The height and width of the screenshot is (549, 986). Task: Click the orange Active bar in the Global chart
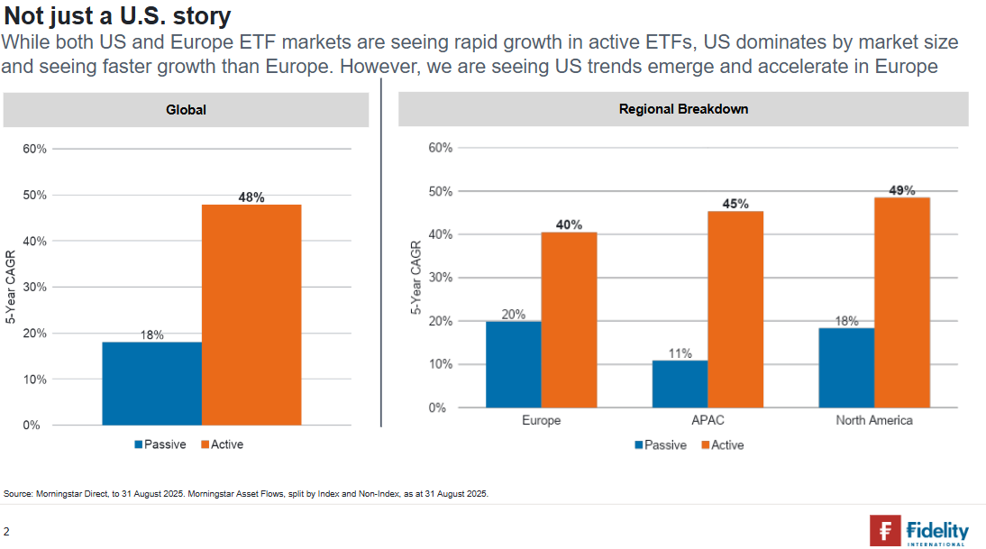[x=251, y=315]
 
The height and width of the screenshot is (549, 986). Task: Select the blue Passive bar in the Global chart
[x=151, y=383]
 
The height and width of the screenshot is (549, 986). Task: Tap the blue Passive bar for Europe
[x=513, y=364]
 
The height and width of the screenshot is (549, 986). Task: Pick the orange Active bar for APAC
[x=735, y=309]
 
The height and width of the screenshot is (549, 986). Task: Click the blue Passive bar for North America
[x=846, y=368]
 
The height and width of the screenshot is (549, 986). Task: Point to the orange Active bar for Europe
[x=569, y=320]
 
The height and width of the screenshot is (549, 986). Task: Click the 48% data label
[x=251, y=197]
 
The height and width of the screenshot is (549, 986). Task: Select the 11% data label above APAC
[x=680, y=353]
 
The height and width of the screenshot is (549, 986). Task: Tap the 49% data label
[x=901, y=190]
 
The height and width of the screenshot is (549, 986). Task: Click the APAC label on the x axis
[x=708, y=421]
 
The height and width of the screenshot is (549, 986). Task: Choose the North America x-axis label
[x=873, y=421]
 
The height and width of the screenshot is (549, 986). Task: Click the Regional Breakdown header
[x=683, y=109]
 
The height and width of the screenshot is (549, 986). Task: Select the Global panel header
[x=186, y=110]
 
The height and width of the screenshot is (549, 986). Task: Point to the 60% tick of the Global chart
[x=34, y=149]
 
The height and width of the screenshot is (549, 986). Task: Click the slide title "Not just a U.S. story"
[x=117, y=15]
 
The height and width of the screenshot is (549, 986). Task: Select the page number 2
[x=6, y=531]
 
